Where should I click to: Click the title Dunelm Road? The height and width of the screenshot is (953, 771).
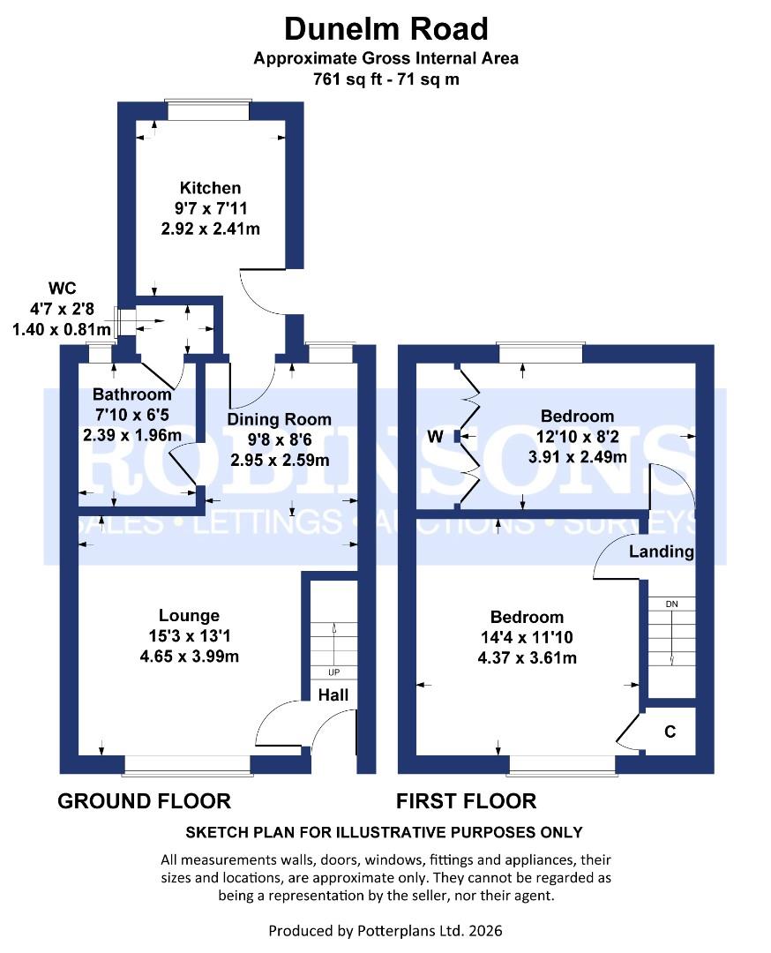385,29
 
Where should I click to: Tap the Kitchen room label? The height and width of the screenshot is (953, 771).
210,188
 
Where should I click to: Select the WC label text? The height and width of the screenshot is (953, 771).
60,289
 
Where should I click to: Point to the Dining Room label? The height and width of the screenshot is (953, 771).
280,419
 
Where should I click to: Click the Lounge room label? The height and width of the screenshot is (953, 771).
189,615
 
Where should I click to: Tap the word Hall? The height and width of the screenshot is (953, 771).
333,694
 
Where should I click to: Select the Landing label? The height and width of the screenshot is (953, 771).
661,552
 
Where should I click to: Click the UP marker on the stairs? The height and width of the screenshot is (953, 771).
334,672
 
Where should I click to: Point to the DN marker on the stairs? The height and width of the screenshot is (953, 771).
672,604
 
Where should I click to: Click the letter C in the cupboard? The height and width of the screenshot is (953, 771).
670,732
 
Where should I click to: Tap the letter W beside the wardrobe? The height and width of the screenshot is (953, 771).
434,436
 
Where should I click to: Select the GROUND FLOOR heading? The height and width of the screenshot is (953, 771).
144,801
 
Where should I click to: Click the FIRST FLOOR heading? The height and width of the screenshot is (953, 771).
466,801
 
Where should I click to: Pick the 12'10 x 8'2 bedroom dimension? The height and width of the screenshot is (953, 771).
578,437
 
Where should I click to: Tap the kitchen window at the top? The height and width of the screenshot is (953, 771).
208,110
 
